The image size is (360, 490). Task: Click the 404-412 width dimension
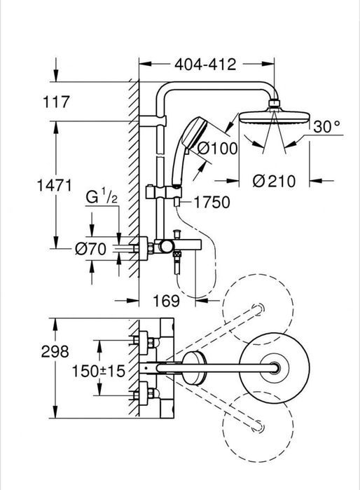click(x=205, y=64)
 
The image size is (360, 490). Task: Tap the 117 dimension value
click(x=56, y=102)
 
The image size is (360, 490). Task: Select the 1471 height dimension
click(x=55, y=185)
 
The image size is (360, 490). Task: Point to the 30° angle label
click(x=326, y=127)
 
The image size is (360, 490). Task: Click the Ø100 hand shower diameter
click(x=218, y=148)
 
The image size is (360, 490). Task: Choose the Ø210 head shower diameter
click(x=274, y=182)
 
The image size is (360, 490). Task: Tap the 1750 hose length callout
click(x=212, y=202)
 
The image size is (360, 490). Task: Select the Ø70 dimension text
click(x=90, y=249)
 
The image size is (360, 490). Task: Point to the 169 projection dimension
click(x=166, y=301)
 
